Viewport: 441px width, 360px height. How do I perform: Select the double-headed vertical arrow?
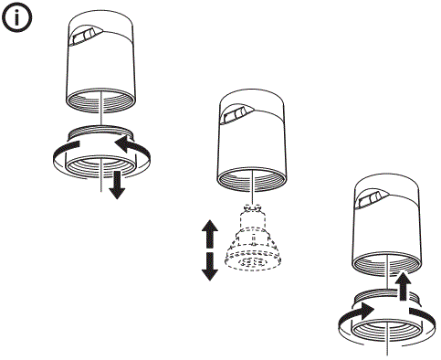[x=209, y=249]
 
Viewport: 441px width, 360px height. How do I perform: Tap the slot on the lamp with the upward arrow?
[x=372, y=196]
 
